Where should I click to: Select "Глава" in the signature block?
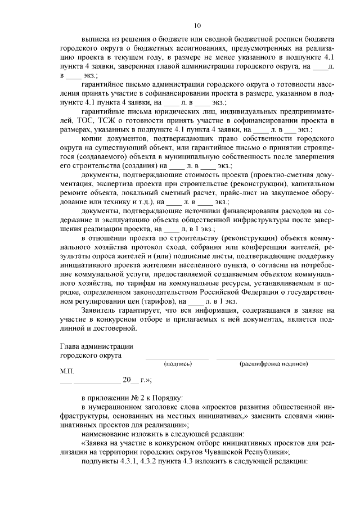coord(70,347)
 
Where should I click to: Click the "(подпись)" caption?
coord(177,364)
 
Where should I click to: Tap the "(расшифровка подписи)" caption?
coord(274,364)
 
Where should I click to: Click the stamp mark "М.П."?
coord(66,372)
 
